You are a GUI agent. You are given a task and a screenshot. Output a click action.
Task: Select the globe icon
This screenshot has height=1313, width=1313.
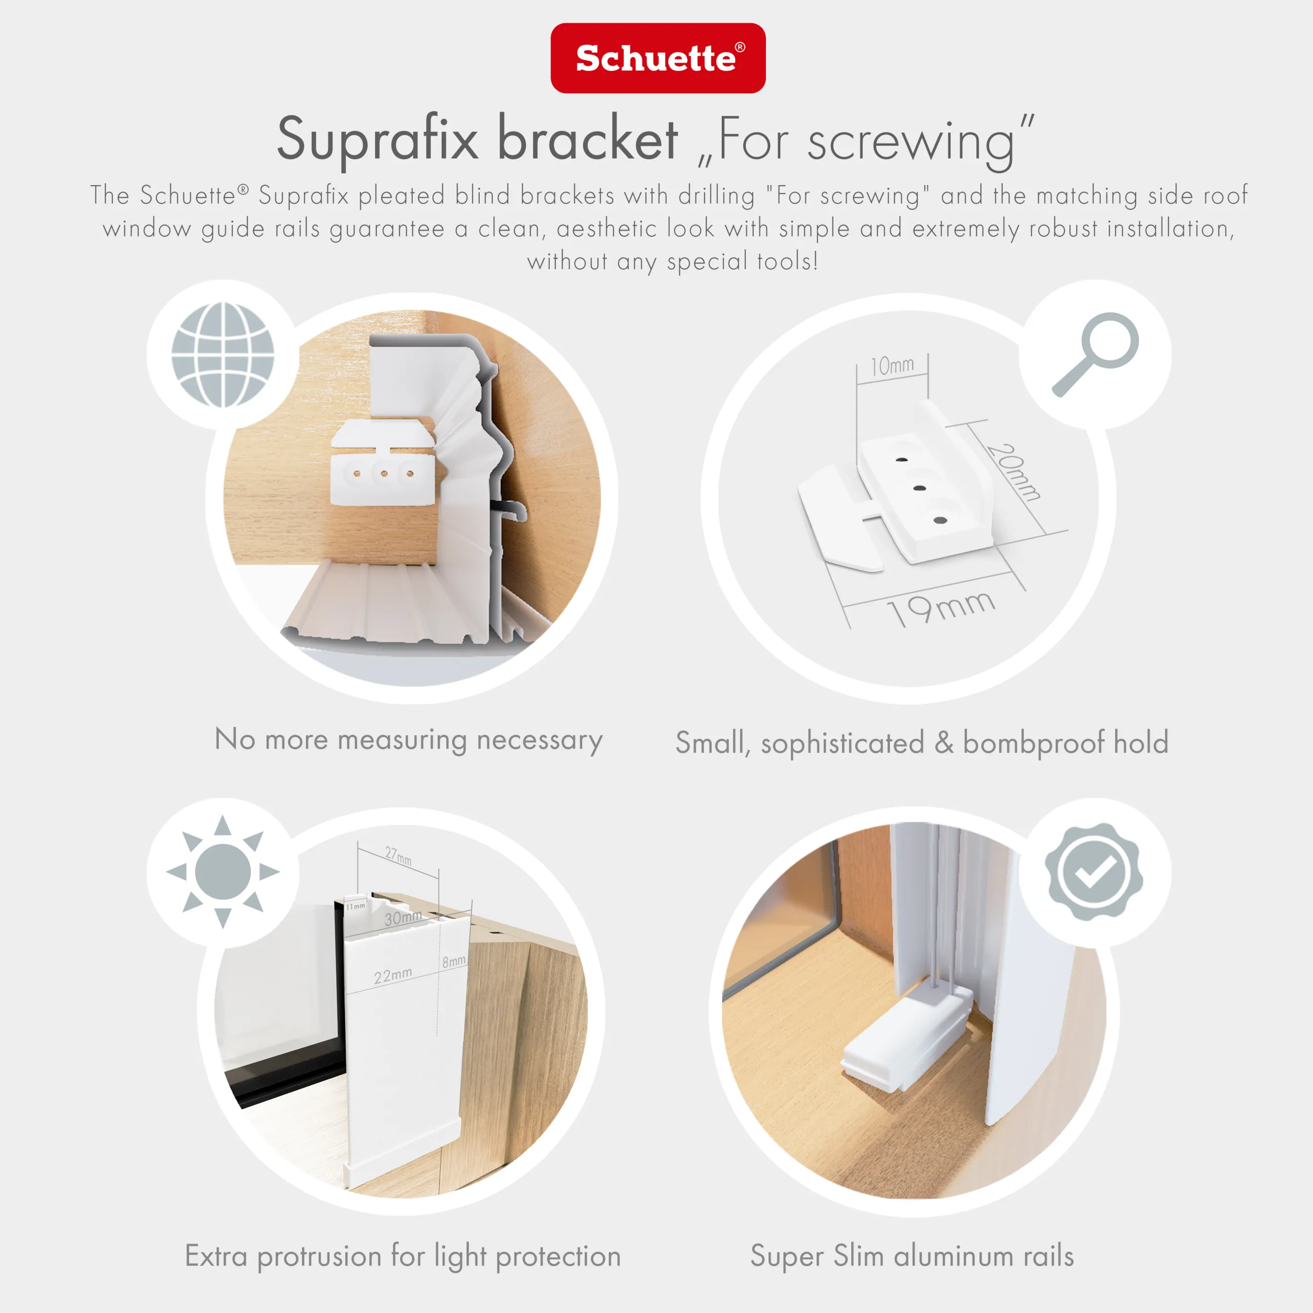[x=222, y=355]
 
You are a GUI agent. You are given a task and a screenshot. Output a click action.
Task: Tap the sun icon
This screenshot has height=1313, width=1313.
[x=222, y=871]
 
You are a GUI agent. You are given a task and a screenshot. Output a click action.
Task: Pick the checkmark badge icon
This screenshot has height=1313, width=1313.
[x=1094, y=871]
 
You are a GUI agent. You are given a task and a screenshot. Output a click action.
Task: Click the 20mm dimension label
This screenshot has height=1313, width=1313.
[x=1013, y=472]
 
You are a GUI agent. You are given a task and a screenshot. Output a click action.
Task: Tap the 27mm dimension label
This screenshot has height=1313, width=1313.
[x=398, y=856]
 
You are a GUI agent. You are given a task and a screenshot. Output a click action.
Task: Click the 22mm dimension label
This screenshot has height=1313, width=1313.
[x=393, y=975]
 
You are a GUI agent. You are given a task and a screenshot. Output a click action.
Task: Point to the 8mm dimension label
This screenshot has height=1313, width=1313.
[x=454, y=961]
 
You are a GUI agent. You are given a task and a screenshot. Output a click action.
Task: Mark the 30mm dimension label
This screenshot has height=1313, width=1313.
[x=402, y=917]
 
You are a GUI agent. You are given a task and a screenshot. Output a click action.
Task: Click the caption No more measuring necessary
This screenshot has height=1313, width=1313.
[x=408, y=740]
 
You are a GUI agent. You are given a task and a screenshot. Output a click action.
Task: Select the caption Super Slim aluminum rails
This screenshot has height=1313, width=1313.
[x=911, y=1255]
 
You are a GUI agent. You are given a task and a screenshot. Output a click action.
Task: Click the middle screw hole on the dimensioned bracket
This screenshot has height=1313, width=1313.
[x=920, y=488]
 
